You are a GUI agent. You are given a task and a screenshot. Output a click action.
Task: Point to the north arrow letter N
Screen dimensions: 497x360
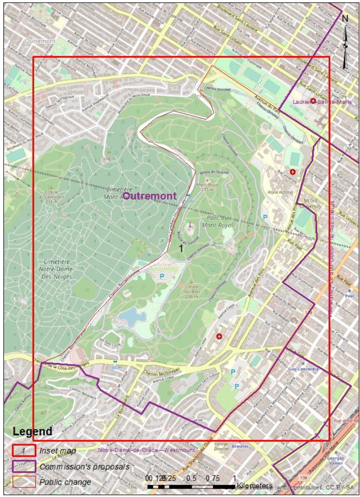point(345,19)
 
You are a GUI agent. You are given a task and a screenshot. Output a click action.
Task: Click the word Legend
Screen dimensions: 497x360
point(32,431)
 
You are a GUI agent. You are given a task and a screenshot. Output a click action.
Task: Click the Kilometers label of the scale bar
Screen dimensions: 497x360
point(254,485)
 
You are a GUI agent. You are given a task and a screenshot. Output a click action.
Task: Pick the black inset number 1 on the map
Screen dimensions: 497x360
point(181,248)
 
